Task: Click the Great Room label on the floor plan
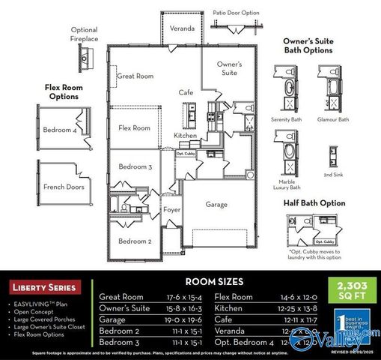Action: [135, 76]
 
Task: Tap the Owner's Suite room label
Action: [229, 68]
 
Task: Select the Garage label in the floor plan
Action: [216, 204]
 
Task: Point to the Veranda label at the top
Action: [182, 28]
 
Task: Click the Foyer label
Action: [172, 210]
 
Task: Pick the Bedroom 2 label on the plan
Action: [135, 241]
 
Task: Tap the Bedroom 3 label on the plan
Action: [135, 166]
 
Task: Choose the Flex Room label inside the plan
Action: [135, 128]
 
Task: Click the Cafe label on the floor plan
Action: [186, 92]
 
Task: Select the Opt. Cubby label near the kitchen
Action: [186, 152]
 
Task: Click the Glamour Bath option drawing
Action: [332, 90]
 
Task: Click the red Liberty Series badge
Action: [43, 287]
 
